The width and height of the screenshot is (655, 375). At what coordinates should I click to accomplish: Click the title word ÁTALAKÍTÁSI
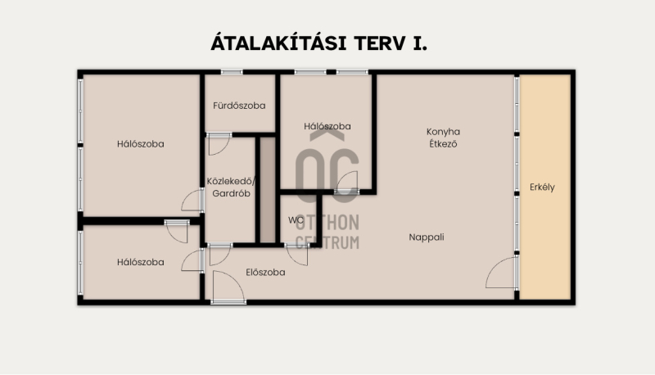(278, 43)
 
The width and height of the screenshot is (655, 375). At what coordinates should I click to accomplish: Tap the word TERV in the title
(380, 43)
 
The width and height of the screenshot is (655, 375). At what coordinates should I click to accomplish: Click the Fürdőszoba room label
(239, 106)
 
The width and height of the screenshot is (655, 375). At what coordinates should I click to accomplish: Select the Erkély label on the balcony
(542, 187)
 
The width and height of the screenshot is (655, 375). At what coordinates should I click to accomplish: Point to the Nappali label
(426, 237)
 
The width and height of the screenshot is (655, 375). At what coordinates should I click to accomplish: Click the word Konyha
(443, 132)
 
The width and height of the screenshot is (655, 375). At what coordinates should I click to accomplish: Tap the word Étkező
(443, 143)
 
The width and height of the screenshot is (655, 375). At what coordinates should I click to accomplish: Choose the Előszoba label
(265, 273)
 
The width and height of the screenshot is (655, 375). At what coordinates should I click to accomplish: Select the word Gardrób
(231, 193)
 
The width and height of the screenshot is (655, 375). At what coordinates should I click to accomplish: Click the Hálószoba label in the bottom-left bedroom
(140, 262)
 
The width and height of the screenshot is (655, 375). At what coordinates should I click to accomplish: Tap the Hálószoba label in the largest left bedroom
(140, 144)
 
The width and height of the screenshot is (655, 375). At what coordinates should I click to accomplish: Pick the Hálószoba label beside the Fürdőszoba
(327, 126)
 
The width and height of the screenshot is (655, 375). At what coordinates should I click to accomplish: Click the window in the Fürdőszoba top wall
(232, 72)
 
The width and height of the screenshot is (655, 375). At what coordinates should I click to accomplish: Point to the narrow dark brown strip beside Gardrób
(268, 190)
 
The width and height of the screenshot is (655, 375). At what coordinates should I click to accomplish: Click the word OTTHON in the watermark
(327, 223)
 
